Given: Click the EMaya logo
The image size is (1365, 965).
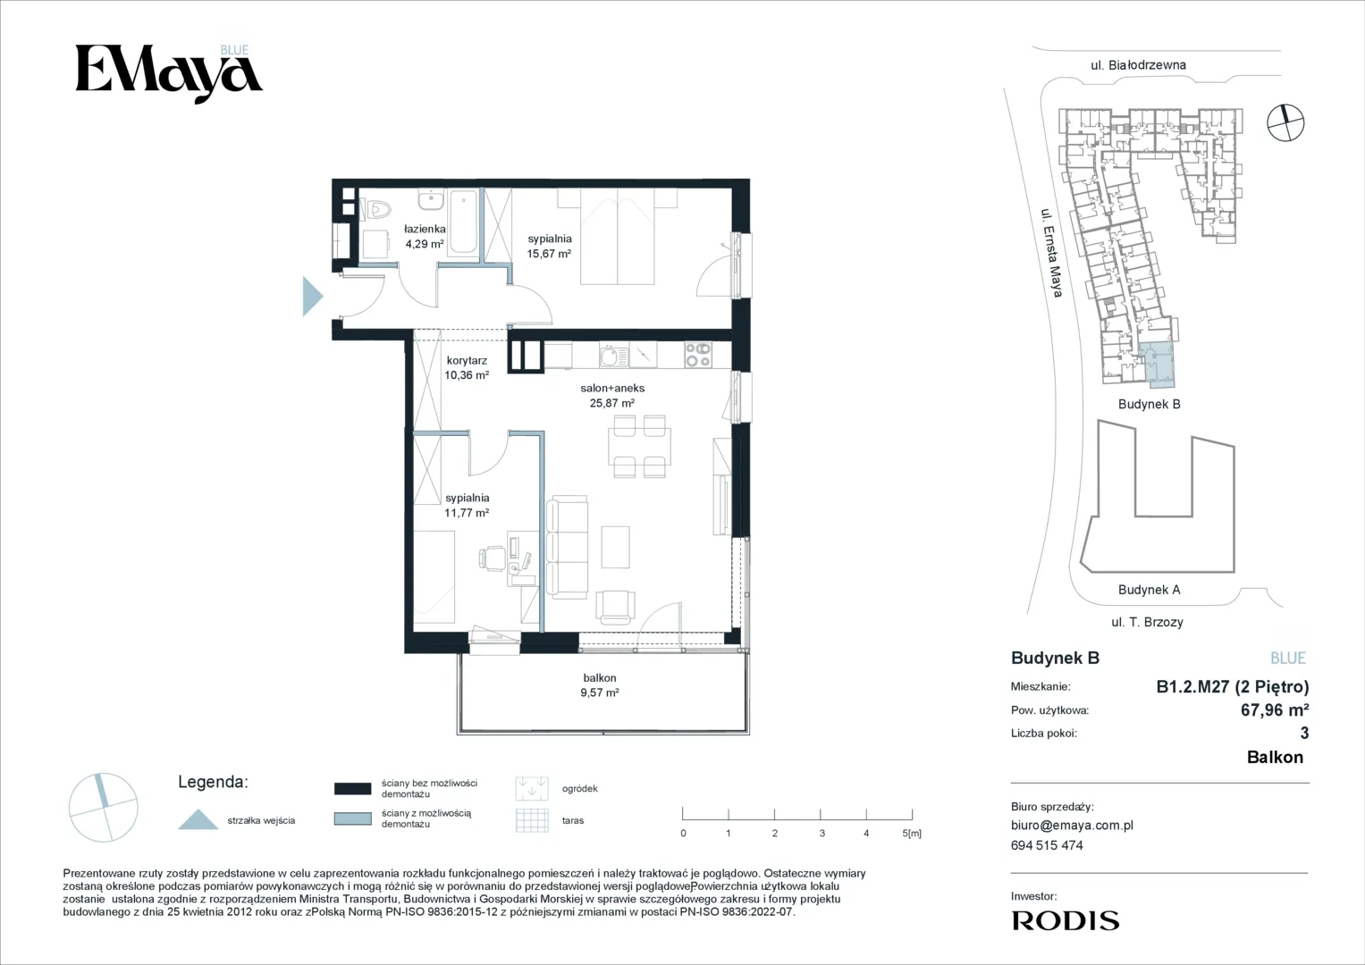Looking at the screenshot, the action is (x=168, y=73).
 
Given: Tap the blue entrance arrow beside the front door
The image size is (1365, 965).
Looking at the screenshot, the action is (x=312, y=296).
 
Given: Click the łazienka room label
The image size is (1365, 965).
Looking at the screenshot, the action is (x=425, y=229).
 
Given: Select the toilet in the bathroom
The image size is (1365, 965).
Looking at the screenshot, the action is (x=378, y=210).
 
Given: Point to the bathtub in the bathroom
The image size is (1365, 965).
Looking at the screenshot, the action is (x=464, y=222).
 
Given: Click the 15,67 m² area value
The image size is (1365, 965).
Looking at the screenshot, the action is (x=549, y=254).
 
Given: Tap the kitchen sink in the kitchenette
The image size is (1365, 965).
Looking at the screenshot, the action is (x=613, y=356).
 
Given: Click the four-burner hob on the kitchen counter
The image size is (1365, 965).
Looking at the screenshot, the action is (x=698, y=356).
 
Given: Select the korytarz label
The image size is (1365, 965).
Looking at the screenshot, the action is (x=466, y=360).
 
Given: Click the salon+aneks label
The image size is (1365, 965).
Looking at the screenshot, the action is (x=611, y=388).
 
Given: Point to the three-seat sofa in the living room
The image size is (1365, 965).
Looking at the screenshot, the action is (x=566, y=545).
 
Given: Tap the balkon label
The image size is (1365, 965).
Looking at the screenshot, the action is (x=600, y=677).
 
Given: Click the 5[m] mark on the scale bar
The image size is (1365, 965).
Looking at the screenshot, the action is (x=912, y=833).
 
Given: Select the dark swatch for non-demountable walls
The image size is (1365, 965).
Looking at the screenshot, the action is (x=353, y=788).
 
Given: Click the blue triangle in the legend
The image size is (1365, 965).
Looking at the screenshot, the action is (x=198, y=819).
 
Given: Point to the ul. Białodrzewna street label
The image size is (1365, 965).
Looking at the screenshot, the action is (x=1138, y=65).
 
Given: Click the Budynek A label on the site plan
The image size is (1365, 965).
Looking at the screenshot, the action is (x=1150, y=590).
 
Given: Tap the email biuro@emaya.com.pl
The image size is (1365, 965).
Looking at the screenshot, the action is (x=1072, y=826).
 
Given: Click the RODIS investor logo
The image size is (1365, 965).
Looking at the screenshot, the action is (x=1066, y=921).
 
